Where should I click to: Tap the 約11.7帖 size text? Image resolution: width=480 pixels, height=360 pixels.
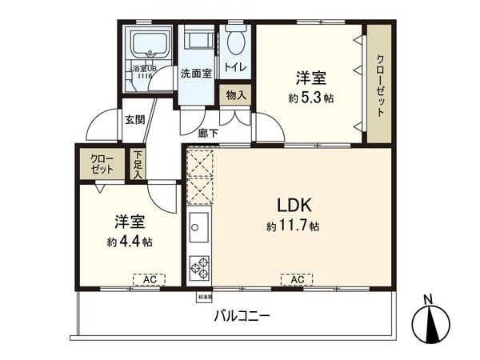pyautogui.click(x=293, y=227)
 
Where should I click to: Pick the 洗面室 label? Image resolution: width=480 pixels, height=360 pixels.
pyautogui.click(x=195, y=74)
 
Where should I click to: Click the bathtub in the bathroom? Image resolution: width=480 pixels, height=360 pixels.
pyautogui.click(x=149, y=47)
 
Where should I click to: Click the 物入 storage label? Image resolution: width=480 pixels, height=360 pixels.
pyautogui.click(x=236, y=94)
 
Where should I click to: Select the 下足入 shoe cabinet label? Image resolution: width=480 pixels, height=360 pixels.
pyautogui.click(x=138, y=163)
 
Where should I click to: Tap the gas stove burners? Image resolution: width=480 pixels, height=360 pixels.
pyautogui.click(x=198, y=268)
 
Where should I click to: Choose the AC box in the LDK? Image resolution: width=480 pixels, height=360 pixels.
pyautogui.click(x=297, y=279)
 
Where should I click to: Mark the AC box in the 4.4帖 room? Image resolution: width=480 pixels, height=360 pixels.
pyautogui.click(x=149, y=279)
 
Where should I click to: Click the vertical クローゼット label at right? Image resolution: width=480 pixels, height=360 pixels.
pyautogui.click(x=379, y=84)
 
